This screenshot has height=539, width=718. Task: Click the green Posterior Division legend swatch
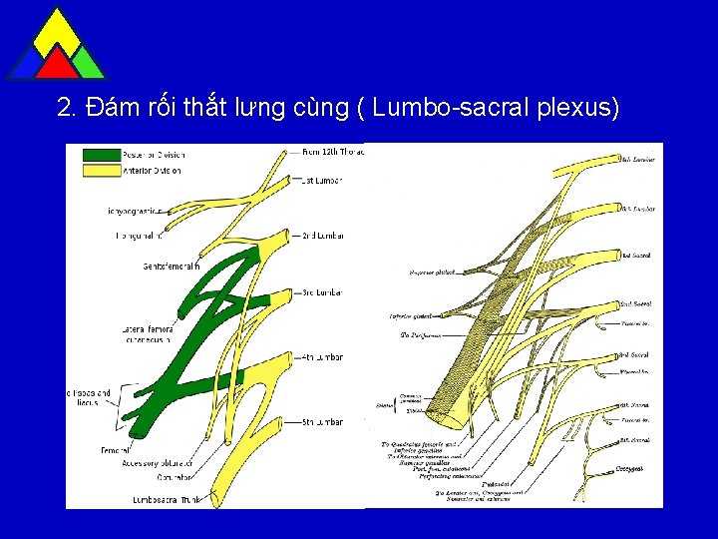point(99,155)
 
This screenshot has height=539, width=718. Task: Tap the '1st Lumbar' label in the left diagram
point(321,181)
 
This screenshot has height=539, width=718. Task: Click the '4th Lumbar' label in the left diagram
point(323,356)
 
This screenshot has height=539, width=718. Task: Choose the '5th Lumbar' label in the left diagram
point(323,422)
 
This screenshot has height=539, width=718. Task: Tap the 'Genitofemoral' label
point(171,267)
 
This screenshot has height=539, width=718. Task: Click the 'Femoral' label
point(115,451)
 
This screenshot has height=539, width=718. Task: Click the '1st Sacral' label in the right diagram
point(636,256)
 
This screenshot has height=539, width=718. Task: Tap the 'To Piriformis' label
point(420,335)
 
